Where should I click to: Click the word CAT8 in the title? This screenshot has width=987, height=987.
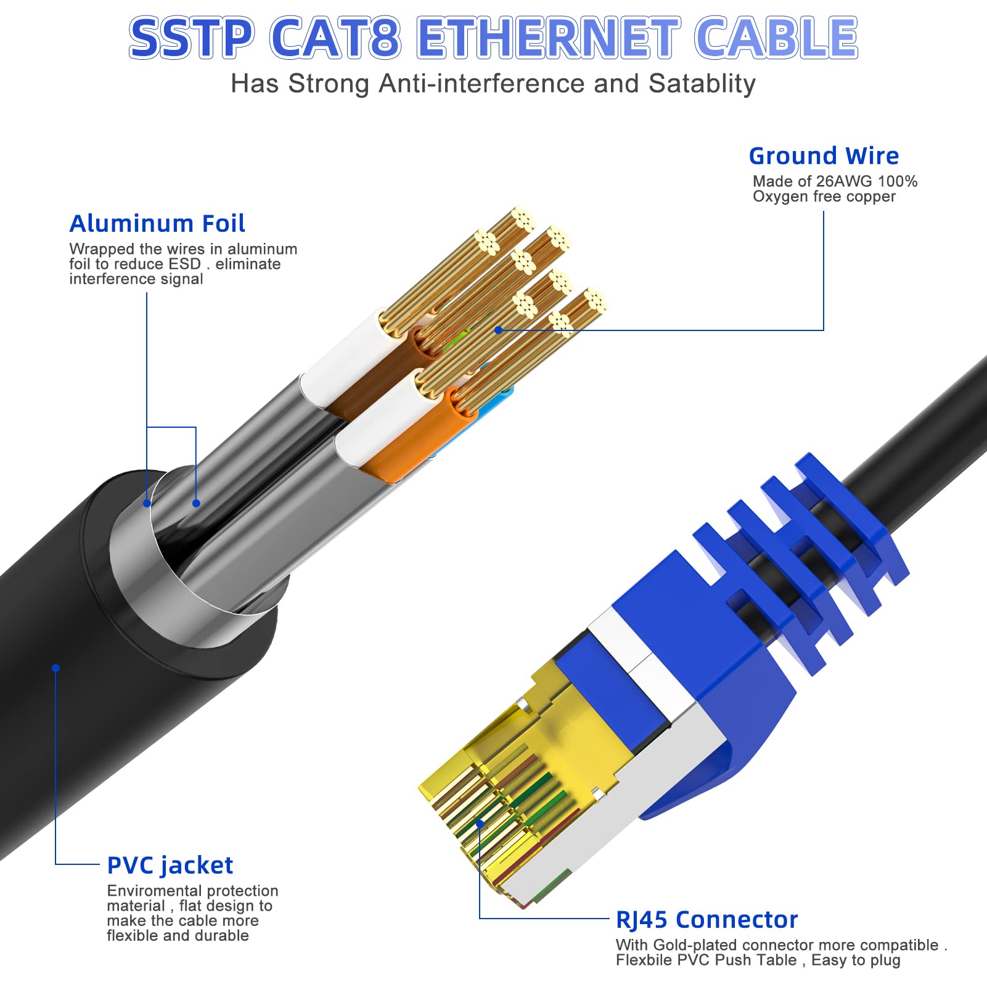336,38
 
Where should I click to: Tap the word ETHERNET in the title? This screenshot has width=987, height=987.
549,38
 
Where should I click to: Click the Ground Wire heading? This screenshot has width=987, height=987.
824,156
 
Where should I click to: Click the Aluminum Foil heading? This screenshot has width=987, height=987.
157,223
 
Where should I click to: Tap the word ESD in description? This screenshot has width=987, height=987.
186,264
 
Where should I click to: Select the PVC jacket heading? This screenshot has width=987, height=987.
170,866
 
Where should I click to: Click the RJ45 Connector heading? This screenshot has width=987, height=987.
706,920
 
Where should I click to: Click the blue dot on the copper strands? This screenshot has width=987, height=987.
498,330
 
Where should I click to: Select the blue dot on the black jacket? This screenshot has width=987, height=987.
55,668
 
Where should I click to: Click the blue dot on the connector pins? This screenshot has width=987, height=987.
480,824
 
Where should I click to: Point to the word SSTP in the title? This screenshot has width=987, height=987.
191,38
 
